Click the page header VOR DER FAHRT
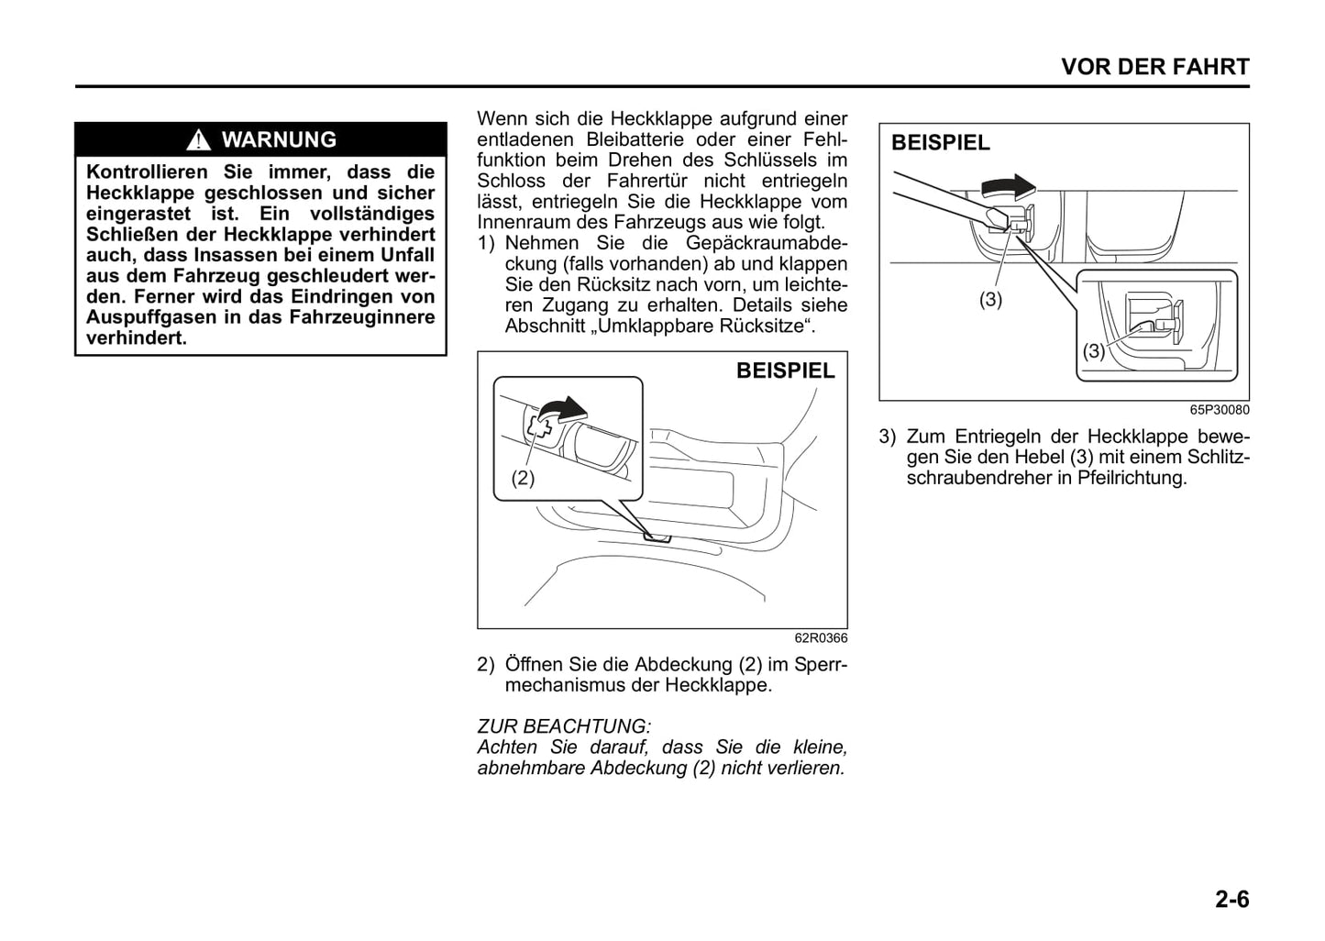tap(1154, 67)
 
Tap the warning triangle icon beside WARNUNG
tap(198, 140)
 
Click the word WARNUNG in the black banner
tap(279, 139)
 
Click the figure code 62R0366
tap(821, 638)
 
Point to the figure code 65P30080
tap(1219, 410)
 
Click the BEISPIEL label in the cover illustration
tap(786, 371)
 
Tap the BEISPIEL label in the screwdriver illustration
tap(941, 143)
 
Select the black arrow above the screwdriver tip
tap(1007, 188)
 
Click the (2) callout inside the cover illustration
tap(523, 478)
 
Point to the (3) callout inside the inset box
tap(1094, 350)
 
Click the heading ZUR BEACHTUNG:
tap(564, 726)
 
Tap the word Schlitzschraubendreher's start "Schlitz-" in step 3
tap(1218, 457)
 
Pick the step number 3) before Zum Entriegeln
tap(888, 437)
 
